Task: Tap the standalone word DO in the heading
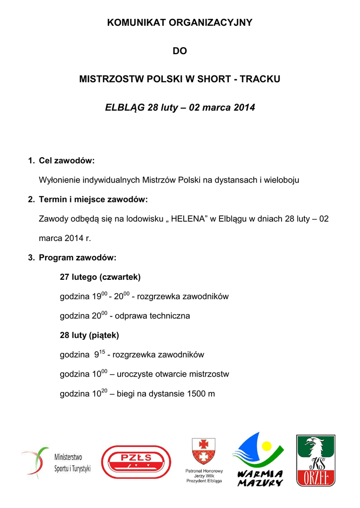tap(180, 51)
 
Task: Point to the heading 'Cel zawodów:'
tap(67, 161)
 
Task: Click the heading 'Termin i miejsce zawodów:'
tap(93, 199)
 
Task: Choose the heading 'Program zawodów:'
tap(77, 258)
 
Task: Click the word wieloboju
tap(282, 180)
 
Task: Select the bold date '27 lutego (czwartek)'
tap(100, 277)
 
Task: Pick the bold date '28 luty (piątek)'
tap(89, 335)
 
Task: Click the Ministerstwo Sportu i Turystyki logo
tap(56, 463)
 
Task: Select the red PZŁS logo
tap(136, 462)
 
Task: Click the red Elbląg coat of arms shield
tap(204, 450)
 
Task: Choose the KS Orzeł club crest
tap(316, 461)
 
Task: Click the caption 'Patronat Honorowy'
tap(204, 471)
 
